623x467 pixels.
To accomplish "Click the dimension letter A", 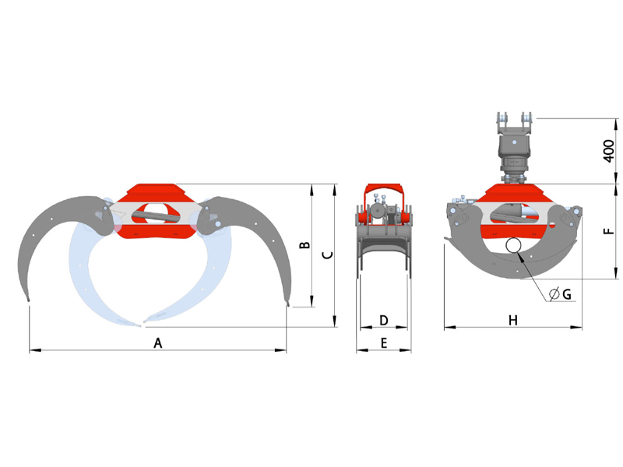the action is tap(158, 342).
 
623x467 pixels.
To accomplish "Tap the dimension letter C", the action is tap(327, 255).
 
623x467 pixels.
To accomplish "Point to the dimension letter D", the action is tap(384, 320).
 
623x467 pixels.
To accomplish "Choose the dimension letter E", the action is tap(384, 342).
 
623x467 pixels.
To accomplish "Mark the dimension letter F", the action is tap(609, 231).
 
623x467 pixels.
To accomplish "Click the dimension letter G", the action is tap(567, 294).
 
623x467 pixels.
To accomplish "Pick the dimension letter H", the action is tap(513, 320).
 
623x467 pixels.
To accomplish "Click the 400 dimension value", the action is tap(609, 151).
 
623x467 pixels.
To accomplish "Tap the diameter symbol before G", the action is tap(554, 294).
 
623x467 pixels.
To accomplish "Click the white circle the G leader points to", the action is tap(513, 245).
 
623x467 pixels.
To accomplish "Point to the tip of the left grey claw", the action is tap(28, 300).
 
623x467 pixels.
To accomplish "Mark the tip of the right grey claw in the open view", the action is tap(288, 304).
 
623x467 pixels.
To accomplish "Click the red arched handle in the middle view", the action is tap(384, 189).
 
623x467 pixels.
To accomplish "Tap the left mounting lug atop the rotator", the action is tap(502, 119).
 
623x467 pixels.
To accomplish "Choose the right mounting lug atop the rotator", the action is tap(526, 119).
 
